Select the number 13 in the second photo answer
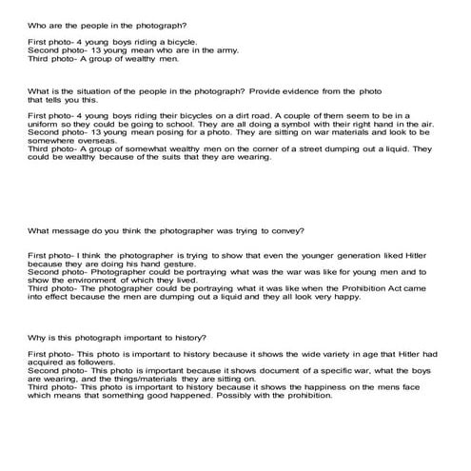tap(86, 51)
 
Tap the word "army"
tap(198, 51)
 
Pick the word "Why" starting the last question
tap(36, 338)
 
